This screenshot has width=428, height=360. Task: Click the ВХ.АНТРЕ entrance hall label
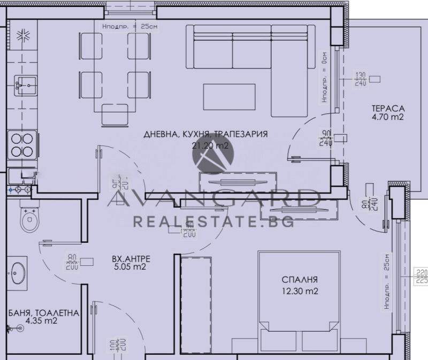[131, 259]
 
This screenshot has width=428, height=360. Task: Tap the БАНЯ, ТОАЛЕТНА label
[44, 313]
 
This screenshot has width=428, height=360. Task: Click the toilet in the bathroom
[27, 217]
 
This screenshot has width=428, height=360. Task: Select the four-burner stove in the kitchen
[21, 143]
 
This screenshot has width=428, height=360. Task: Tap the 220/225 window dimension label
[422, 276]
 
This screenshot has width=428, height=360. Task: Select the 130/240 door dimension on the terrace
[361, 79]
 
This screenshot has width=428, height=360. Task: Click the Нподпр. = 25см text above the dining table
[126, 26]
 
